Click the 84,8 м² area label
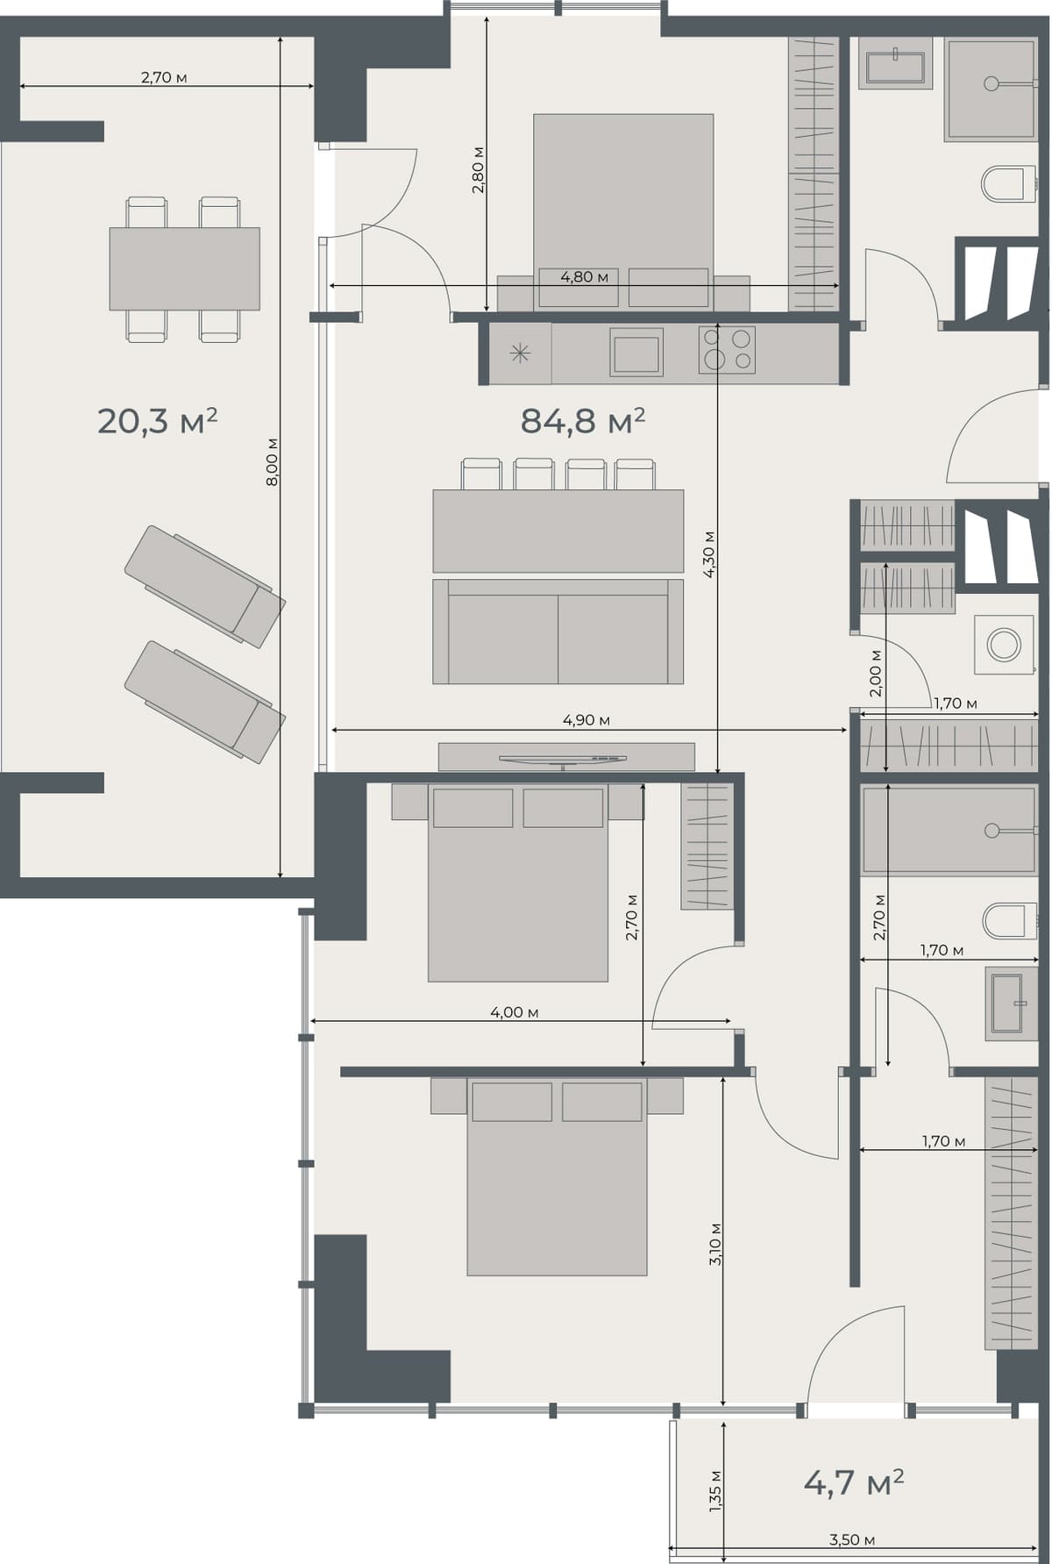coord(582,421)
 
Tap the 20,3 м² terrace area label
coord(157,421)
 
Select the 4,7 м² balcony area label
coord(853,1482)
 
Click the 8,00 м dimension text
coord(273,462)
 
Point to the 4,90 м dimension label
coord(586,720)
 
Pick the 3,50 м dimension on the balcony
coord(851,1539)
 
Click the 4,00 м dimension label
coord(514,1012)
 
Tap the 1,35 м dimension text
coord(716,1491)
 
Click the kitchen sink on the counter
coord(636,354)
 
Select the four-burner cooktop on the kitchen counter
coord(727,348)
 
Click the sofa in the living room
coord(558,632)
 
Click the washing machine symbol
coord(1004,645)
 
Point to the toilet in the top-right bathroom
coord(1003,184)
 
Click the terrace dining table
coord(184,268)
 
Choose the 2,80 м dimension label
coord(478,171)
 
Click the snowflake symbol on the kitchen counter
coord(520,354)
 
